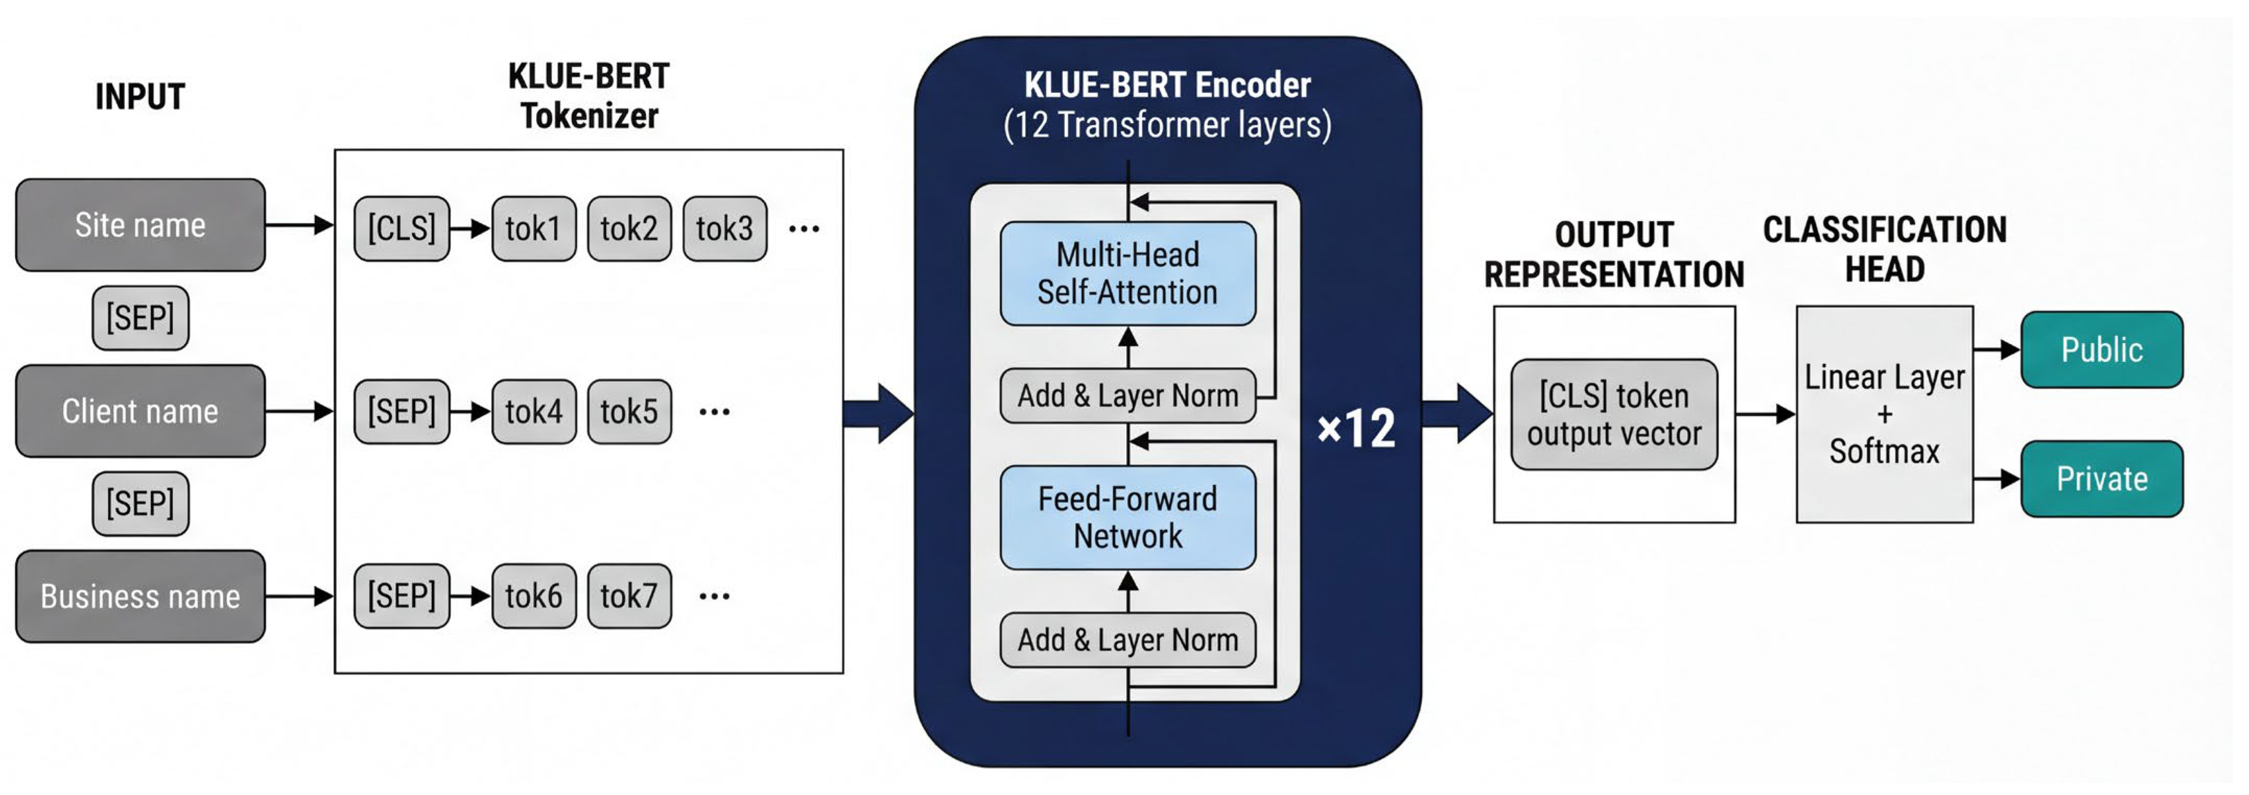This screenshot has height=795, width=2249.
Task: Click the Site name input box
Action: pyautogui.click(x=140, y=225)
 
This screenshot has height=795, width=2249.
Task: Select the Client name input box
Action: pyautogui.click(x=140, y=411)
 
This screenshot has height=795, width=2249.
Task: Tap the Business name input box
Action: pyautogui.click(x=140, y=596)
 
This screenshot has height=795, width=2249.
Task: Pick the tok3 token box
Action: pyautogui.click(x=724, y=228)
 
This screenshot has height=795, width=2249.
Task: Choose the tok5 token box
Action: pyautogui.click(x=629, y=411)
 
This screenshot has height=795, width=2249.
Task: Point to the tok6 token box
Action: pyautogui.click(x=534, y=596)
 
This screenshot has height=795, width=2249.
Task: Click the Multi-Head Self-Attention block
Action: pyautogui.click(x=1127, y=273)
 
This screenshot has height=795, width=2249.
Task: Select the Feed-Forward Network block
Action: pyautogui.click(x=1127, y=517)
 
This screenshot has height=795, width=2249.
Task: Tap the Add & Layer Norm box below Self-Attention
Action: pyautogui.click(x=1127, y=395)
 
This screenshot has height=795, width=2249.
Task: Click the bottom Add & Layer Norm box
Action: pyautogui.click(x=1127, y=640)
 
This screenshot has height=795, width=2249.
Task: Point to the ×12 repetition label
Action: pyautogui.click(x=1356, y=428)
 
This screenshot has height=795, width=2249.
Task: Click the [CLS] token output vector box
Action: pyautogui.click(x=1614, y=415)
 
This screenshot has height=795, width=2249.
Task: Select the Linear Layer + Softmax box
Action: pyautogui.click(x=1884, y=415)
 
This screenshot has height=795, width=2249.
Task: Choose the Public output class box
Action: pyautogui.click(x=2101, y=350)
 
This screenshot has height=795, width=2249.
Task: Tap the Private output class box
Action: pyautogui.click(x=2101, y=479)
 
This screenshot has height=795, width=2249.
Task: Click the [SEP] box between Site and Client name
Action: pyautogui.click(x=140, y=318)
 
